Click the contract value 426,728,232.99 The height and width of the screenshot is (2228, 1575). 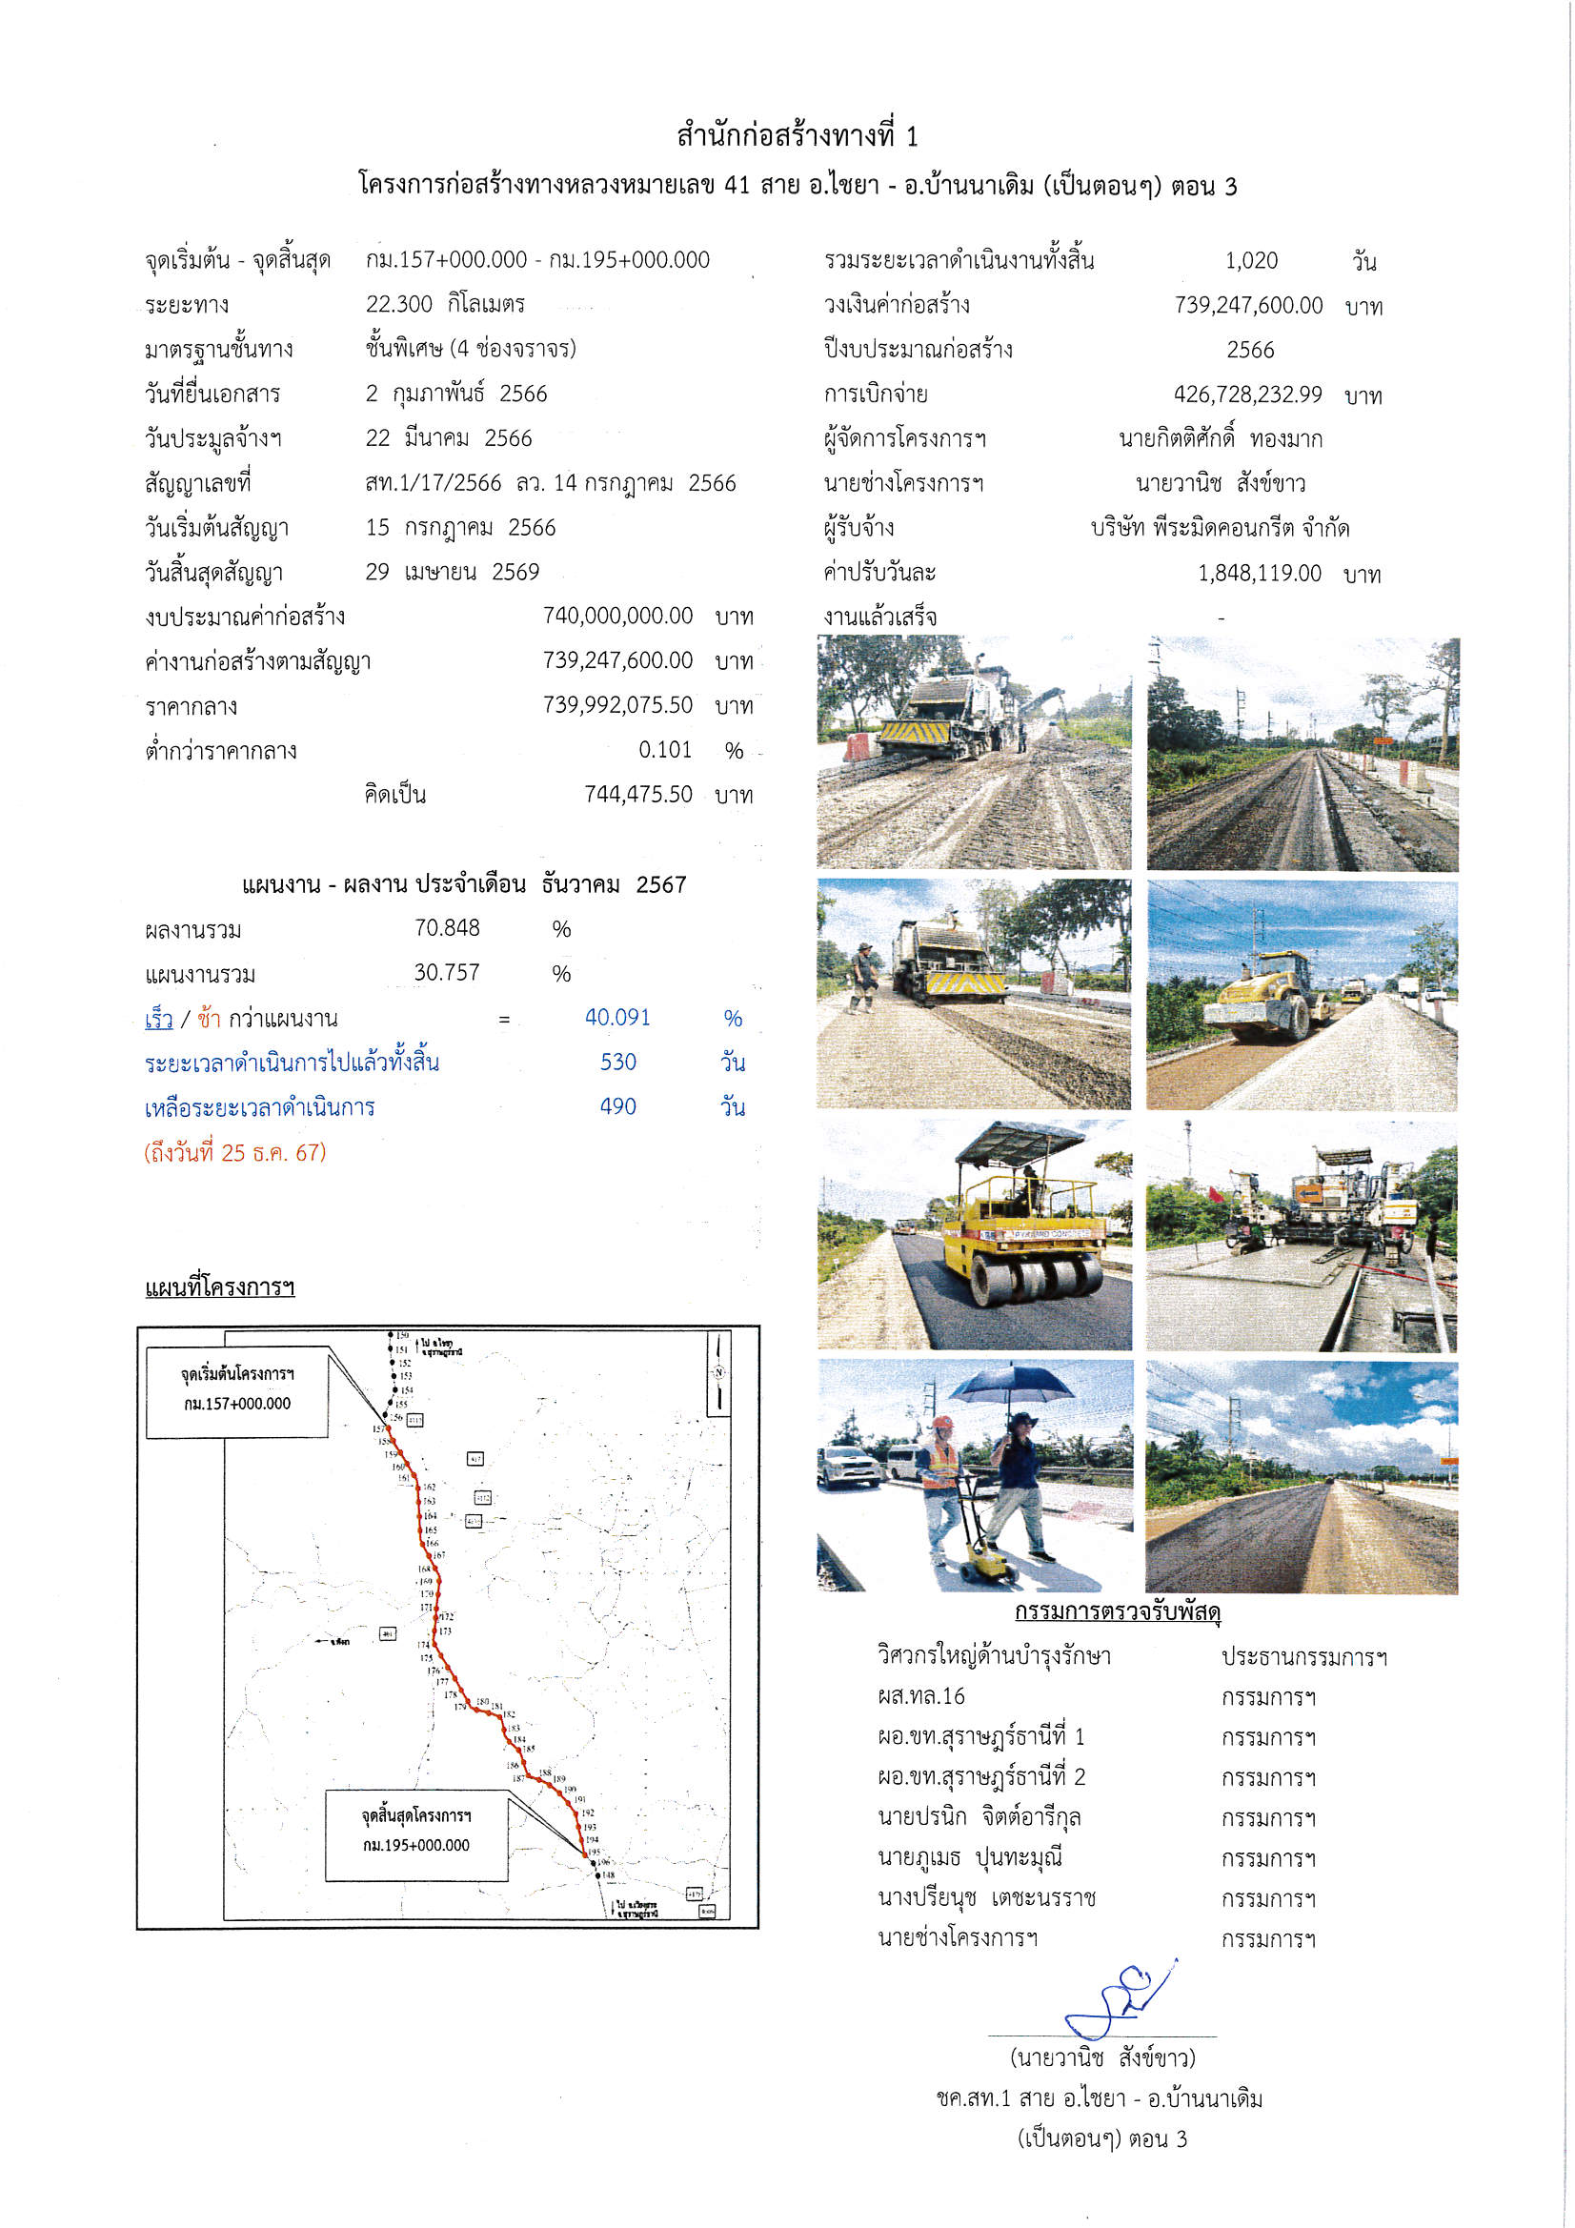point(1247,394)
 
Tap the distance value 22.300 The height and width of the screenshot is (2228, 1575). point(399,304)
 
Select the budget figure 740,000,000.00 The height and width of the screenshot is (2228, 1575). point(617,617)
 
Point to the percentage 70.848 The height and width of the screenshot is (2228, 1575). point(447,927)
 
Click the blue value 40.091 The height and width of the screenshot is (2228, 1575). point(617,1017)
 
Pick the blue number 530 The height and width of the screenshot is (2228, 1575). point(617,1062)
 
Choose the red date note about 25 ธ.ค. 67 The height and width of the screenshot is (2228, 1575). point(234,1152)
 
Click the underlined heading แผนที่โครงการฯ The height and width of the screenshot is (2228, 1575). point(219,1286)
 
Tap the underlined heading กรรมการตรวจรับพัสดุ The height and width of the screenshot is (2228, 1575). point(1117,1611)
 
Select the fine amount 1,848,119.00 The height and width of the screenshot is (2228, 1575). point(1260,573)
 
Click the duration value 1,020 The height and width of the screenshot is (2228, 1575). point(1251,260)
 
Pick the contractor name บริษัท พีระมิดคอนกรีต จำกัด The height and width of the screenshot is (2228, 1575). point(1219,528)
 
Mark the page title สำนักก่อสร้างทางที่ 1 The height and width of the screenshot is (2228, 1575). point(797,136)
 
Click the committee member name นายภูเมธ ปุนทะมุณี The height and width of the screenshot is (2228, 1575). point(969,1856)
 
